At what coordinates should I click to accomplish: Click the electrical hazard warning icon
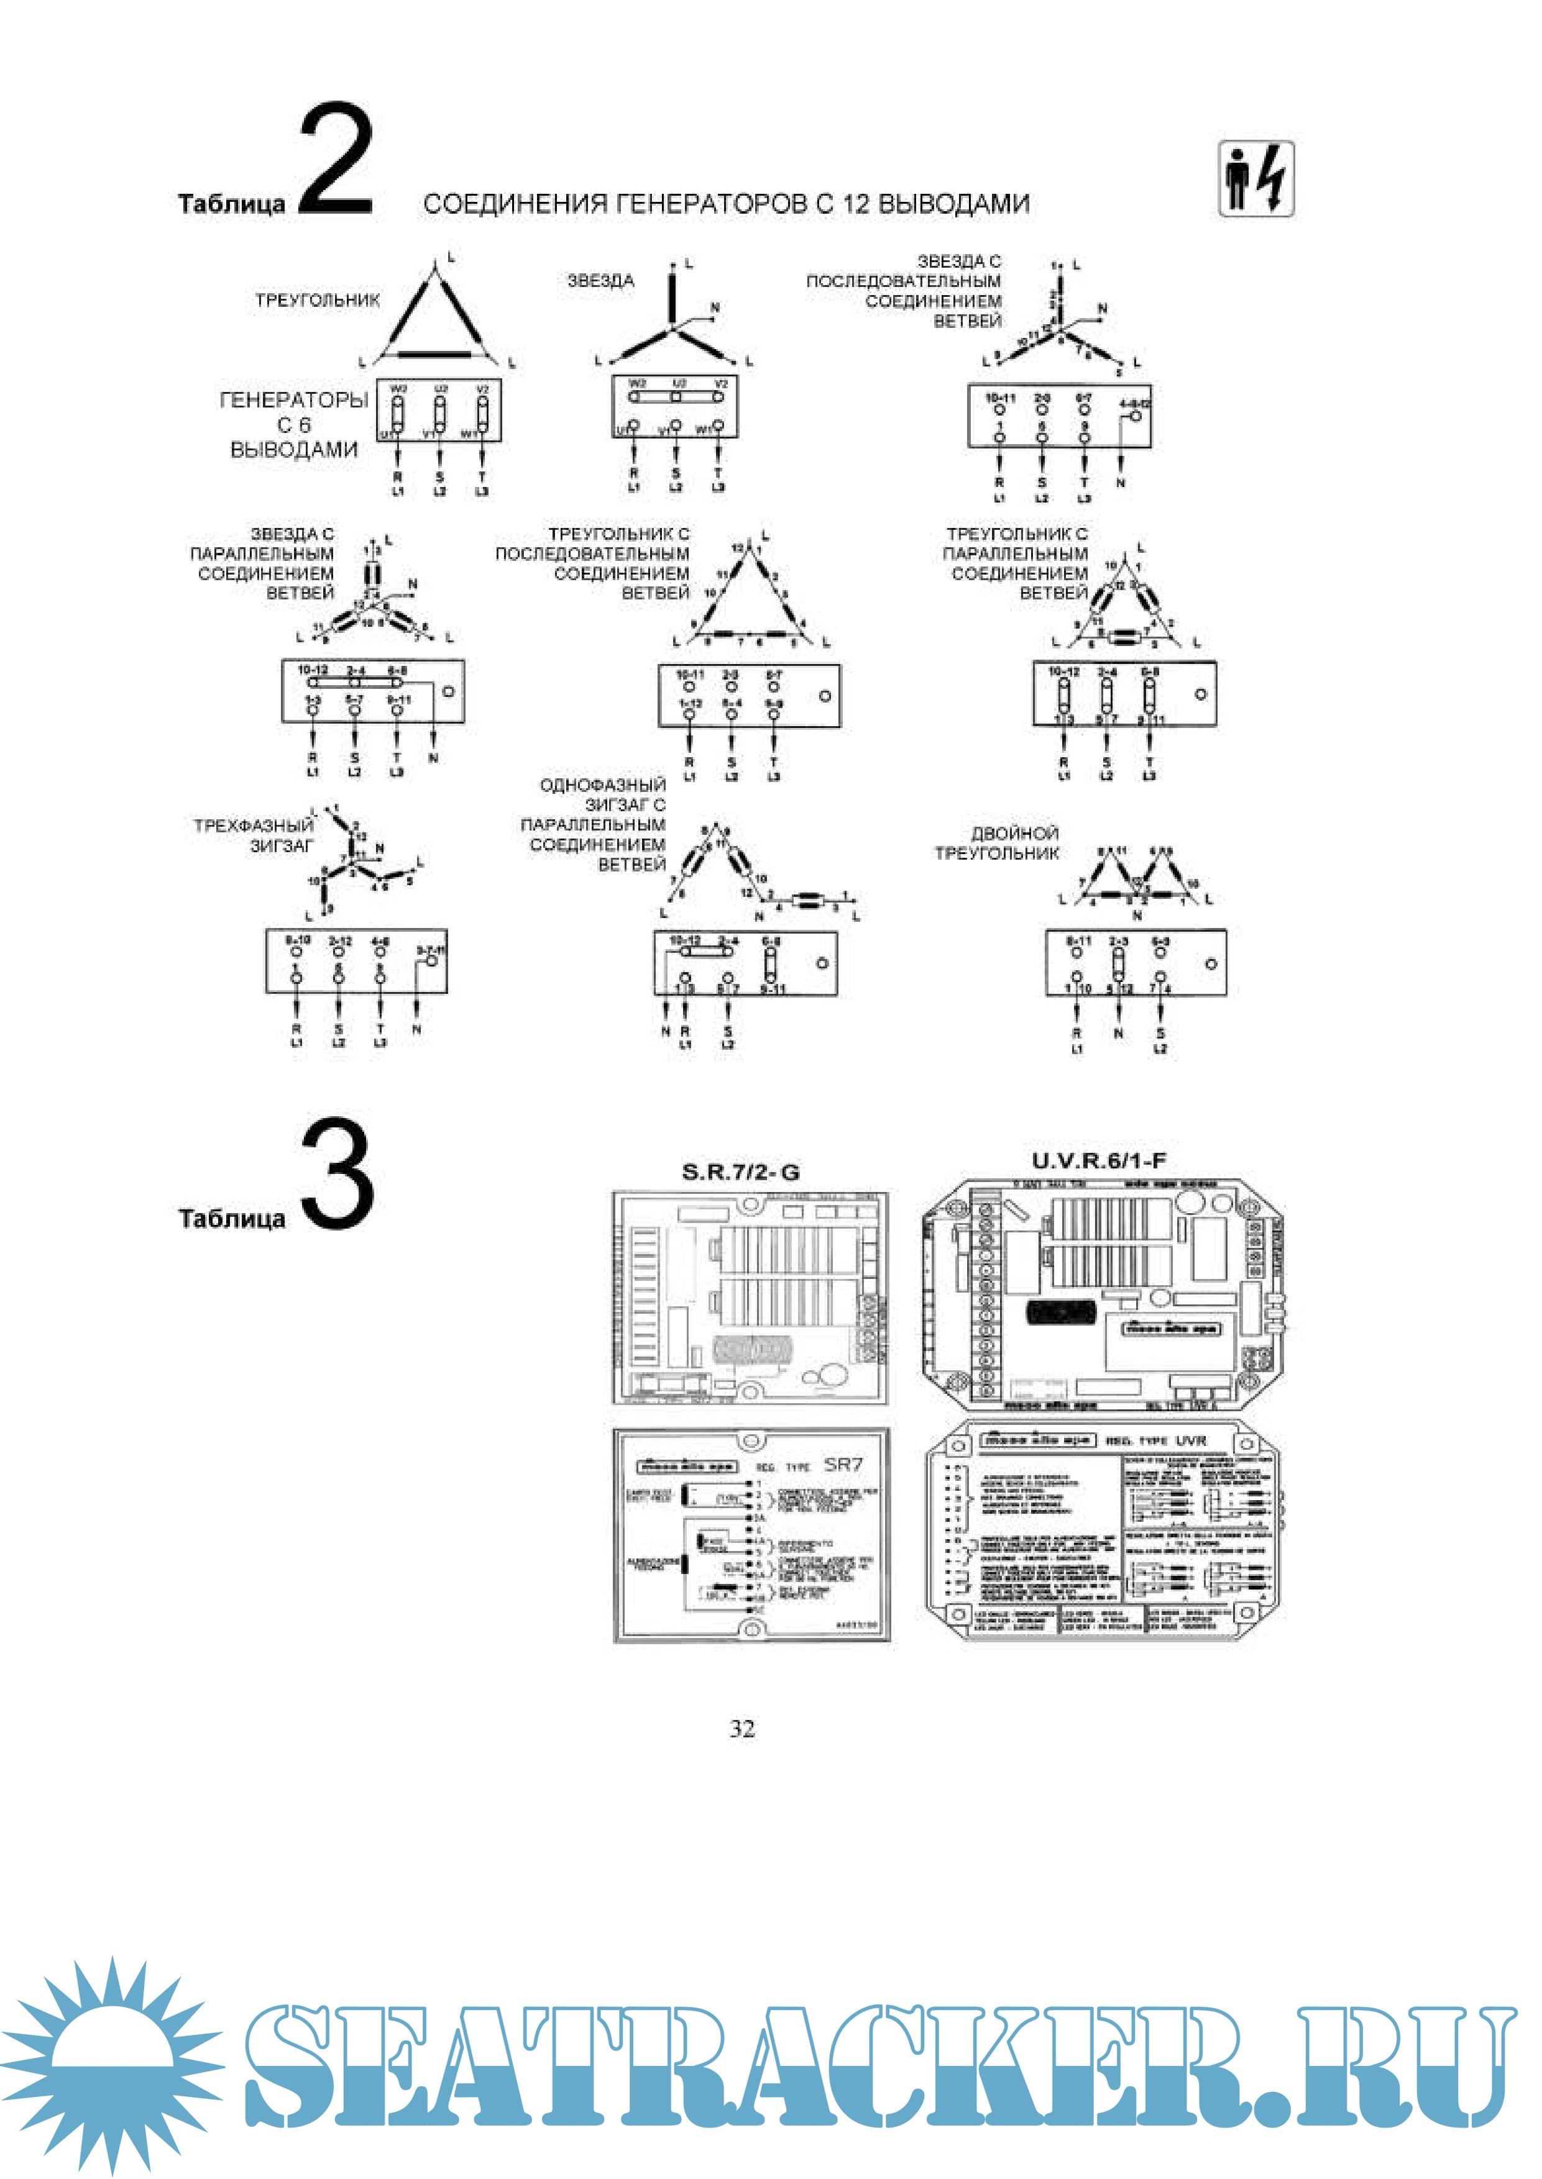coord(1256,180)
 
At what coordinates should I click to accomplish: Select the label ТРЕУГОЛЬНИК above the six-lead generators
coord(317,300)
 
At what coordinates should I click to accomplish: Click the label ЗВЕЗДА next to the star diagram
coord(600,281)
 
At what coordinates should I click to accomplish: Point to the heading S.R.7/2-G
coord(741,1172)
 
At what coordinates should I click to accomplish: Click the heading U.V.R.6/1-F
coord(1099,1160)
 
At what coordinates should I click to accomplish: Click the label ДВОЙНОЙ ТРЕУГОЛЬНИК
coord(997,843)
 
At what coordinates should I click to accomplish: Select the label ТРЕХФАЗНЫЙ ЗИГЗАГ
coord(254,835)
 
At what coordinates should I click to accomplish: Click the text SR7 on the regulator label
coord(843,1465)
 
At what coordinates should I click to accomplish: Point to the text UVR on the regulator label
coord(1191,1440)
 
